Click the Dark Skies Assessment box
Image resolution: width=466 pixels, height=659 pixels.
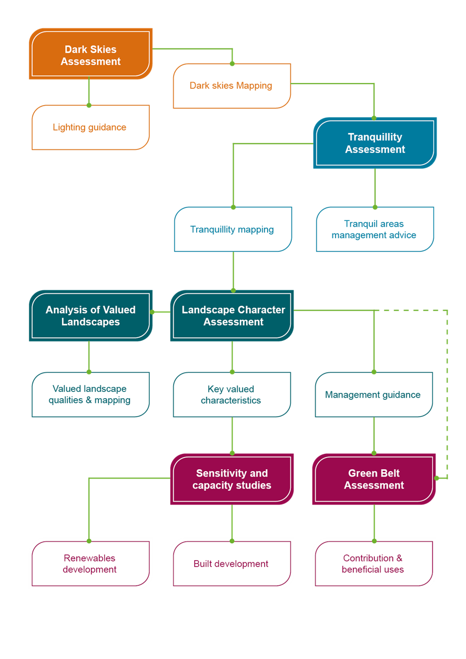90,55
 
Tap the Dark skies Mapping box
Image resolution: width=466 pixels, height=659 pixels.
231,86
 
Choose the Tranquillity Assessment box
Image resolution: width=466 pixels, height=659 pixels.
375,143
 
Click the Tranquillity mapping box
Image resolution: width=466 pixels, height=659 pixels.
232,229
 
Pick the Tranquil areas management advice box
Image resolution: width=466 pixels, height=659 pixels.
374,229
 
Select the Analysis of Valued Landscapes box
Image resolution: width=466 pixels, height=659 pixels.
90,316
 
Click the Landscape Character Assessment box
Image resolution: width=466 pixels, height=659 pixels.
232,316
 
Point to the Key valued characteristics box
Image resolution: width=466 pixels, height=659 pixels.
231,394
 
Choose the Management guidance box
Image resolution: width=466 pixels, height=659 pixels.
373,394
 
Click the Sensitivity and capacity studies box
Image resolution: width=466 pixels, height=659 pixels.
231,479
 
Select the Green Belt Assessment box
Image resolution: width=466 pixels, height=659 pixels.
374,479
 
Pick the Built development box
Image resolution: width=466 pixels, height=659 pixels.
231,564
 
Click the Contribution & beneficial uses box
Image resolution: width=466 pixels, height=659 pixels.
373,564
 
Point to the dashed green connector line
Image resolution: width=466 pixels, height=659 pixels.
448,394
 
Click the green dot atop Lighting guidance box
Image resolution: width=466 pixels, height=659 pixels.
89,105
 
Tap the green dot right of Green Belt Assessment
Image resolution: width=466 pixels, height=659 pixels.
437,478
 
